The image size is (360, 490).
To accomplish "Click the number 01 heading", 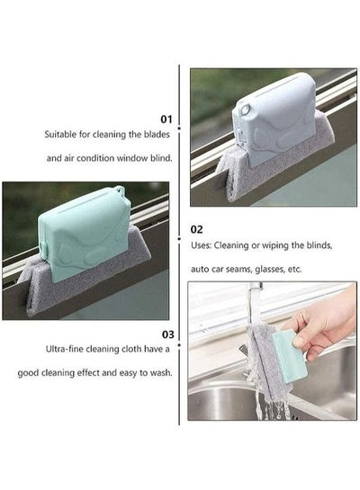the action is (166, 119).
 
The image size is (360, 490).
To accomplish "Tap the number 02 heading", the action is (196, 229).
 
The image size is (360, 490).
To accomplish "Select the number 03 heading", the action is (168, 334).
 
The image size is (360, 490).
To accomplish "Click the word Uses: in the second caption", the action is (201, 245).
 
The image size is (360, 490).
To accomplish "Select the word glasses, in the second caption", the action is (270, 269).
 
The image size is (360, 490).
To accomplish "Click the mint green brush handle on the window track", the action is (85, 235).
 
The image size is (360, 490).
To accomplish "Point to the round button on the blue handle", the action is (246, 110).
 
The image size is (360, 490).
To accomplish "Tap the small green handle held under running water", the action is (285, 356).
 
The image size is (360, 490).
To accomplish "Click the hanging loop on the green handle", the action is (119, 190).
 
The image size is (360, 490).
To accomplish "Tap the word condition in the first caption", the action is (95, 158).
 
